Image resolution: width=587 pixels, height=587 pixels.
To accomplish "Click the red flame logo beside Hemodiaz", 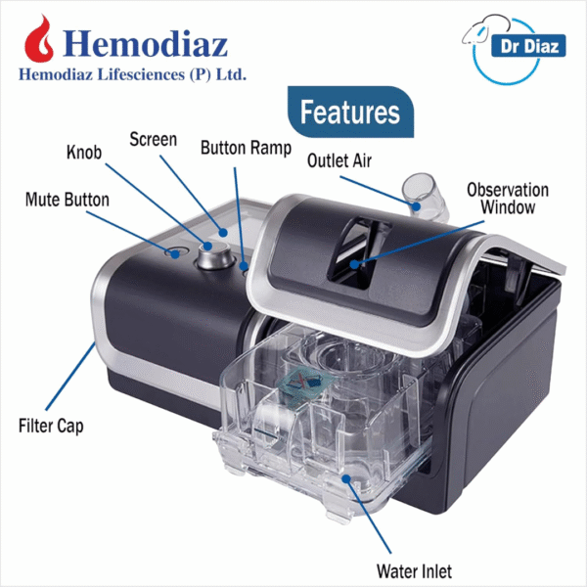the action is click(38, 39).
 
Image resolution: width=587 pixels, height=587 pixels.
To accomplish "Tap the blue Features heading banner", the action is click(351, 112).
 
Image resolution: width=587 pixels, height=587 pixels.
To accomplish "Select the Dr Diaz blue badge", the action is click(528, 46).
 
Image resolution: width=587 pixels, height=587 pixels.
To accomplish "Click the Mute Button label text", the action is click(68, 200).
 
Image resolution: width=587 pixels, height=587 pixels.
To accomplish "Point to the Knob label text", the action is click(84, 153).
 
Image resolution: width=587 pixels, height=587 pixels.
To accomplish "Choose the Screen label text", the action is click(154, 140).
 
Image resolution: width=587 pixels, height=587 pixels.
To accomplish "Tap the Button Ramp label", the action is click(246, 148).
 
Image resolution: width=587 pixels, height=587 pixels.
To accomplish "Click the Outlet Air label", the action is click(339, 160).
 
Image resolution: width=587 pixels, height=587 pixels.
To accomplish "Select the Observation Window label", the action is click(508, 199).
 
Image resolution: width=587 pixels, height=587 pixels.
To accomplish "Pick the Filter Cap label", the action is click(51, 427).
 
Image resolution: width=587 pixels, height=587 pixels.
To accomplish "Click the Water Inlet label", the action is click(414, 571).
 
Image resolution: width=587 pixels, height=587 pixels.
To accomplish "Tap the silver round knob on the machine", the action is click(215, 255).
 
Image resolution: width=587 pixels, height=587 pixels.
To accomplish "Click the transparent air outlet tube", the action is click(426, 198).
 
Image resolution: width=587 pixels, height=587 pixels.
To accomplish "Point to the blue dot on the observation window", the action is click(354, 265).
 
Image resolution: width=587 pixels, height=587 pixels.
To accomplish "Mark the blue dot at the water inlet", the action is click(346, 478).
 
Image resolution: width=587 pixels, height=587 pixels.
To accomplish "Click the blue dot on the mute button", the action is click(175, 254).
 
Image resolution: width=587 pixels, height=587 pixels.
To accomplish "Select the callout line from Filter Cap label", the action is click(70, 376).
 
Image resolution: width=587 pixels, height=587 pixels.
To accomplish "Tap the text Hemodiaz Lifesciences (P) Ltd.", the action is click(132, 74).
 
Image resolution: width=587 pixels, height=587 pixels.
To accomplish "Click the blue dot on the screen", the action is click(223, 233).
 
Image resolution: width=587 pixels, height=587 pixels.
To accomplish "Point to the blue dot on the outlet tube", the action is click(416, 205).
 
